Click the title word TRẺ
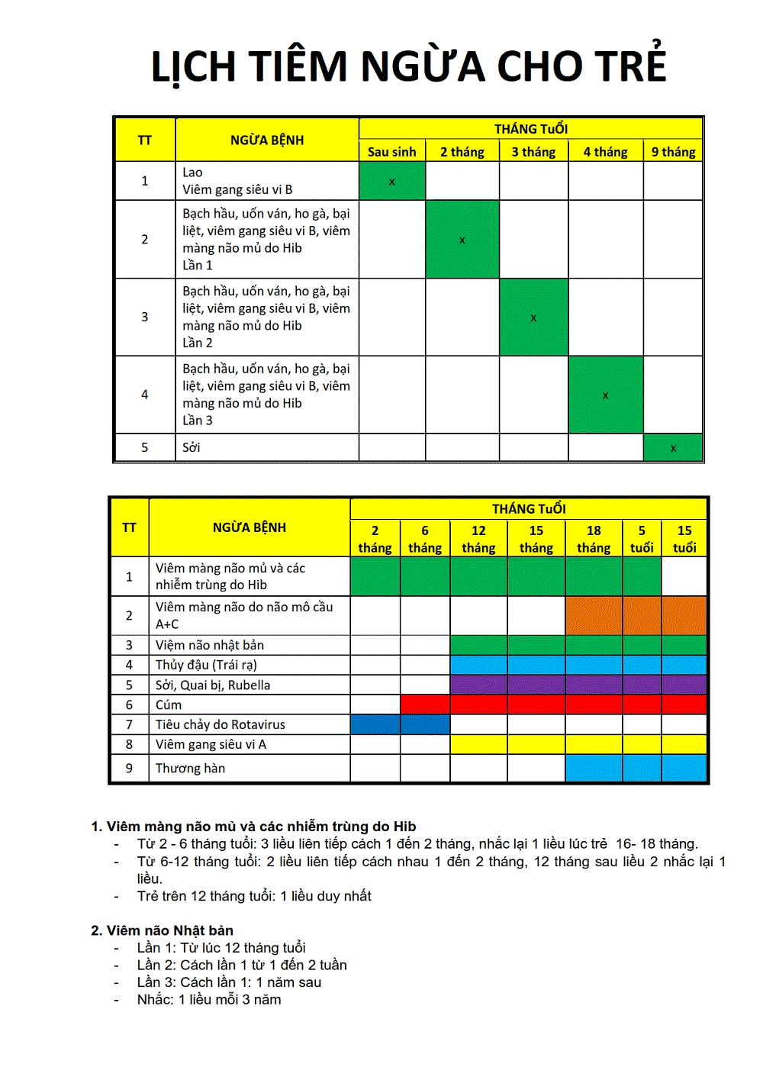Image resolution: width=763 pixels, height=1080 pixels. pyautogui.click(x=625, y=66)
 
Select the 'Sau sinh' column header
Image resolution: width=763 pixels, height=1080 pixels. pyautogui.click(x=391, y=152)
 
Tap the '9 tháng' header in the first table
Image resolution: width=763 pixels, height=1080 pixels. pyautogui.click(x=673, y=152)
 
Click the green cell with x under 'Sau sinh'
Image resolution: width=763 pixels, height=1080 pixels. pyautogui.click(x=391, y=181)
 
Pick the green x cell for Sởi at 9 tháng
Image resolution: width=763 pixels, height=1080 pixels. pyautogui.click(x=673, y=447)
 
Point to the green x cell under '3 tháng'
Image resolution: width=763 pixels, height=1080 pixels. pyautogui.click(x=533, y=317)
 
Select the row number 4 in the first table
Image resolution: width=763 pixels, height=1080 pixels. pyautogui.click(x=145, y=395)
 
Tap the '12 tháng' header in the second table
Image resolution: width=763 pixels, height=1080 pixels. pyautogui.click(x=478, y=539)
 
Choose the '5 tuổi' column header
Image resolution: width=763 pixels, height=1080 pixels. pyautogui.click(x=642, y=539)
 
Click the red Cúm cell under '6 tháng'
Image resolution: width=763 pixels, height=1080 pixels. pyautogui.click(x=425, y=704)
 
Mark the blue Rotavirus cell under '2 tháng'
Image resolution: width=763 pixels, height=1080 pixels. pyautogui.click(x=375, y=724)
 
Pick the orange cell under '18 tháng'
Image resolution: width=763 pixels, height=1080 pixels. pyautogui.click(x=594, y=615)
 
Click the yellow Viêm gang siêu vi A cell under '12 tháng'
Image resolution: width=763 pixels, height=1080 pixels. pyautogui.click(x=478, y=744)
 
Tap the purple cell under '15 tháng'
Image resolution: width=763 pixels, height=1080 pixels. pyautogui.click(x=536, y=685)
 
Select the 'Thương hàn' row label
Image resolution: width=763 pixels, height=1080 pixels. pyautogui.click(x=191, y=768)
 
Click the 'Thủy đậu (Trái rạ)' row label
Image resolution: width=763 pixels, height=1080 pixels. pyautogui.click(x=206, y=665)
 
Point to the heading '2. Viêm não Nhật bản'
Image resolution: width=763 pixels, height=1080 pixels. pyautogui.click(x=162, y=930)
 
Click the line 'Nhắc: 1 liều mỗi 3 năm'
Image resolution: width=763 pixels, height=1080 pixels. pyautogui.click(x=209, y=1000)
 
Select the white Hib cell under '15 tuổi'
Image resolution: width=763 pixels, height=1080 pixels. pyautogui.click(x=684, y=576)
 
